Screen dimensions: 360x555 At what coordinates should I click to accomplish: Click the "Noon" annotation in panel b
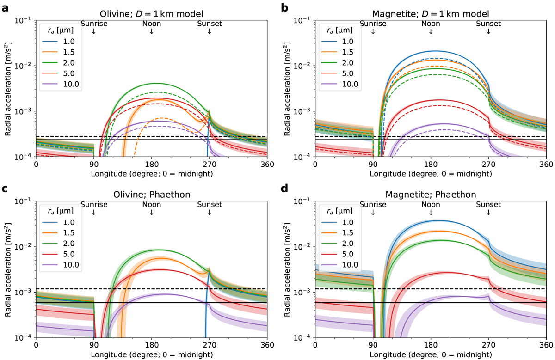[431, 23]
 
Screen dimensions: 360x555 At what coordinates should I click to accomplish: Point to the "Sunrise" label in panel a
[93, 23]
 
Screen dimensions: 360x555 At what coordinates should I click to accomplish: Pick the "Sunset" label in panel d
[488, 204]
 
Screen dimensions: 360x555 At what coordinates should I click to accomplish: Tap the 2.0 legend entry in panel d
[342, 245]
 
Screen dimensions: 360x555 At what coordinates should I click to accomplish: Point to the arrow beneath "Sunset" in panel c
[209, 212]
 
